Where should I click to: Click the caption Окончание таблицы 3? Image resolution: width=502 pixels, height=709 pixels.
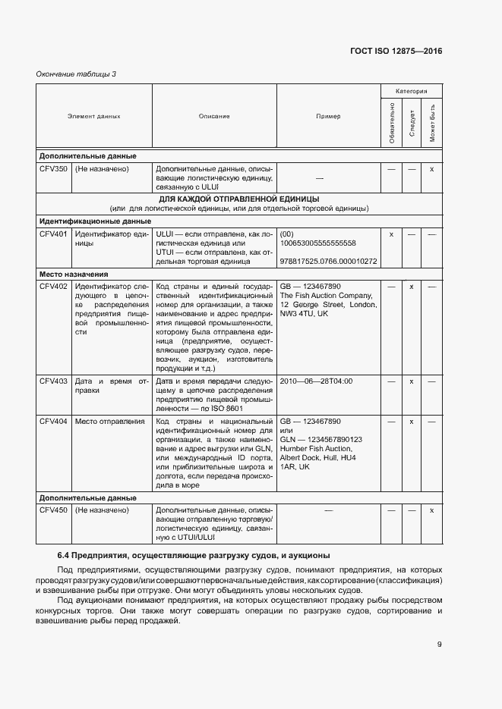[76, 74]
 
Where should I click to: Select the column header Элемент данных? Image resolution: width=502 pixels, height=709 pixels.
[94, 116]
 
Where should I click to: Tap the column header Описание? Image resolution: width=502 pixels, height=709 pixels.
[214, 116]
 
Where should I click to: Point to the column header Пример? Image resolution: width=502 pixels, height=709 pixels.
[328, 116]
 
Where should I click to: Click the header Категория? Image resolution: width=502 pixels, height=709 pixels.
[411, 90]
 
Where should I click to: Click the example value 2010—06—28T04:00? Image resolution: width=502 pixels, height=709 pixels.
[316, 381]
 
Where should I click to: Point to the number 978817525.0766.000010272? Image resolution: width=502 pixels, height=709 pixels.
[328, 262]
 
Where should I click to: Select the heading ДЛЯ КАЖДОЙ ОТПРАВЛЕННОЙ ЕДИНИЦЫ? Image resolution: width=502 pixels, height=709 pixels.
[238, 199]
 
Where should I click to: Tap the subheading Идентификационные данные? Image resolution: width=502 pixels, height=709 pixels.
[95, 221]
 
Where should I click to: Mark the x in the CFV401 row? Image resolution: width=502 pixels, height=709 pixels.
[391, 234]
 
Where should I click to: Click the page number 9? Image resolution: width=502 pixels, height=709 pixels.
[439, 645]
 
